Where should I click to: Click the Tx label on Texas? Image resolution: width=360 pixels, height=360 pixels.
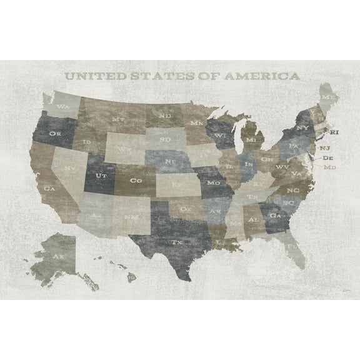click(177, 241)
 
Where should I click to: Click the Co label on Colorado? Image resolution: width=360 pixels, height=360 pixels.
click(136, 181)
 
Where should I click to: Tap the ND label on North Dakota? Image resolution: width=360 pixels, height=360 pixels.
click(166, 116)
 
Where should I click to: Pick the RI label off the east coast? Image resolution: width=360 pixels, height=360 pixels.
click(334, 132)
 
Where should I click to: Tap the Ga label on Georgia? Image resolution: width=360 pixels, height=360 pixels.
click(274, 216)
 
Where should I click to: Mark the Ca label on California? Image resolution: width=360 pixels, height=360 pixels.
click(49, 188)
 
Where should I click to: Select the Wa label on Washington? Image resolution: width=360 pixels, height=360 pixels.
click(63, 107)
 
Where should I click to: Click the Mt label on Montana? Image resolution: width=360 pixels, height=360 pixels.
click(117, 119)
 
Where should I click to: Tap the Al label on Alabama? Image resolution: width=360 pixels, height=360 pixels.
click(254, 220)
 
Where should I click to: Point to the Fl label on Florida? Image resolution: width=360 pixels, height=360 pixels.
click(291, 246)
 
